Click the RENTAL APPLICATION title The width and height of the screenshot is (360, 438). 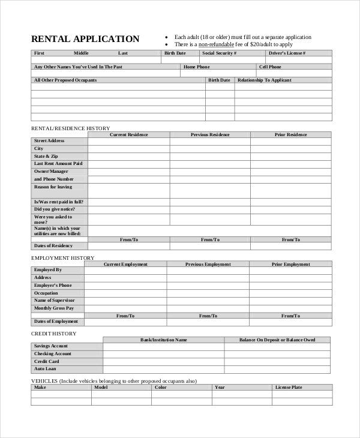click(x=85, y=39)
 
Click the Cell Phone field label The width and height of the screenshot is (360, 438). click(x=270, y=67)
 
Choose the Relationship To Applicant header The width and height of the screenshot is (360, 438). click(x=265, y=80)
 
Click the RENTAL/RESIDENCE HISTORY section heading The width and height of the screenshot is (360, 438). click(x=70, y=128)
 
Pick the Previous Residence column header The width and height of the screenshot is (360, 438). click(x=210, y=135)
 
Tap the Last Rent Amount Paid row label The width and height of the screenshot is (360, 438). click(x=58, y=164)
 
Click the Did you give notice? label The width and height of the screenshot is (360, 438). click(x=55, y=209)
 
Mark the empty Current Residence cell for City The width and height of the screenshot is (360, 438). click(x=128, y=149)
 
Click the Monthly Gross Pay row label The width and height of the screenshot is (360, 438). click(x=54, y=308)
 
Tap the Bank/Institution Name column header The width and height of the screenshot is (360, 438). click(x=164, y=340)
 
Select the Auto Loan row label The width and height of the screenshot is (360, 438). click(x=45, y=369)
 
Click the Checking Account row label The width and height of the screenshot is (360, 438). click(x=52, y=354)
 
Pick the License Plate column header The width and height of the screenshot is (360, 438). click(x=288, y=388)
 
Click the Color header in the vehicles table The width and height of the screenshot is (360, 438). click(x=160, y=388)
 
